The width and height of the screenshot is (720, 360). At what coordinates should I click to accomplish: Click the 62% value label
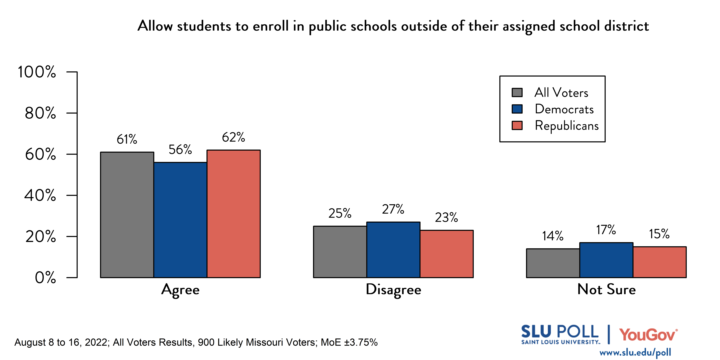[233, 137]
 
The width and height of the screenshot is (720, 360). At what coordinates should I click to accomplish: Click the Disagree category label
[393, 290]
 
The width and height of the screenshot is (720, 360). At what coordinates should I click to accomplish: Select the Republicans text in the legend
[567, 125]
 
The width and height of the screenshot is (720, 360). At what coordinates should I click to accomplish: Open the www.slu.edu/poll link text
[635, 353]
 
